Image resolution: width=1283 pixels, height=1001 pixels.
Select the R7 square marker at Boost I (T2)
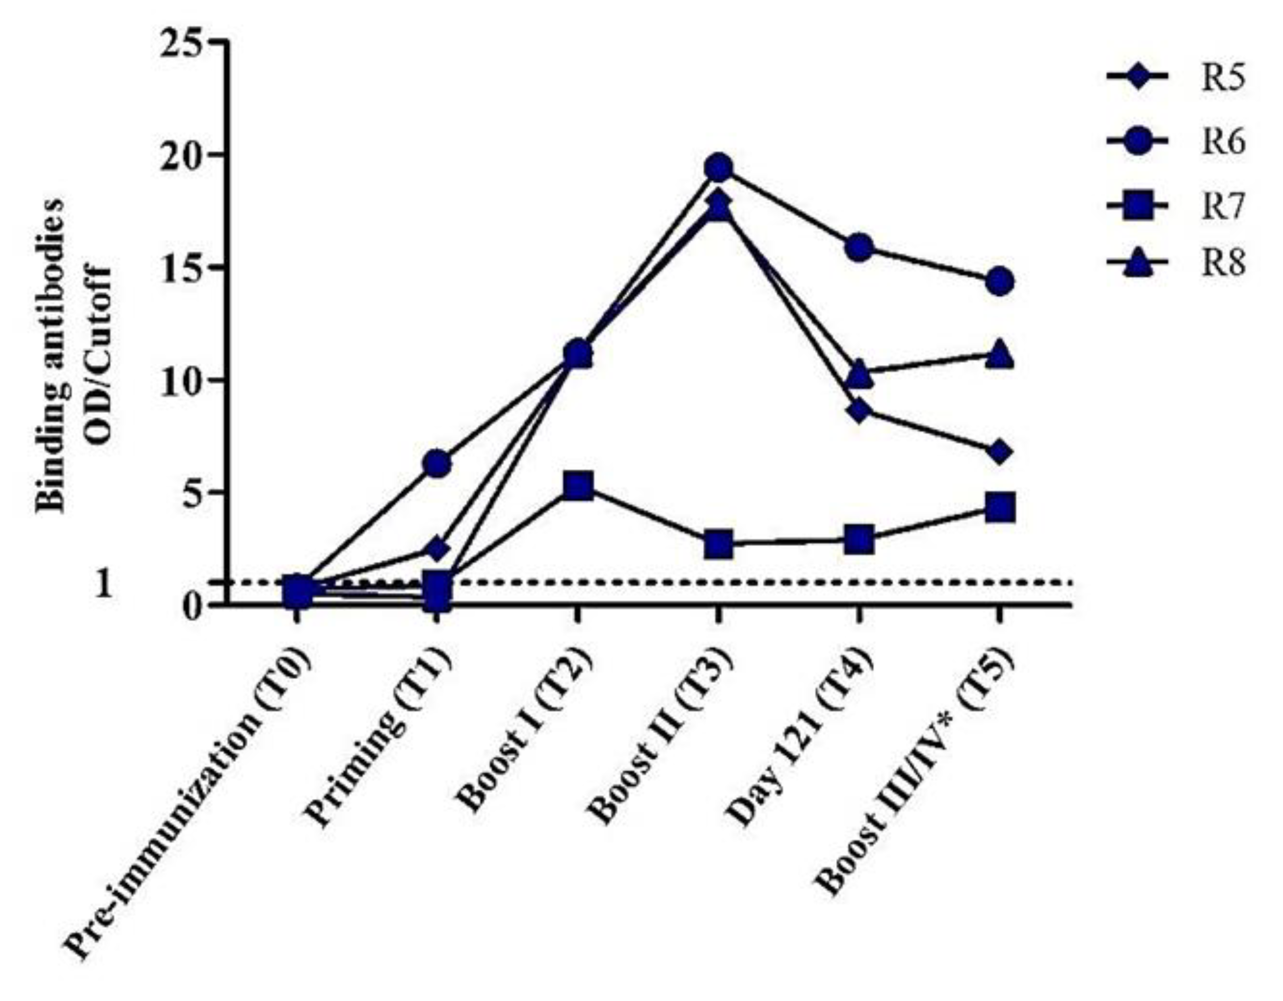[x=577, y=487]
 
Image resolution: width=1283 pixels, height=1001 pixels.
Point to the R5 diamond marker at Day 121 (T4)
[x=859, y=411]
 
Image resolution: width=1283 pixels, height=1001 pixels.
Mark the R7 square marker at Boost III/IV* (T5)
[x=1000, y=508]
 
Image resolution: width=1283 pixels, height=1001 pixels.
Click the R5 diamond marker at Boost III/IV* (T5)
[x=1000, y=452]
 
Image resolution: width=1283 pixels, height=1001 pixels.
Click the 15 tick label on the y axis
[x=188, y=268]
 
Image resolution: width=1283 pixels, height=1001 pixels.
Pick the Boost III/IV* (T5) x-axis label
[x=917, y=770]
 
